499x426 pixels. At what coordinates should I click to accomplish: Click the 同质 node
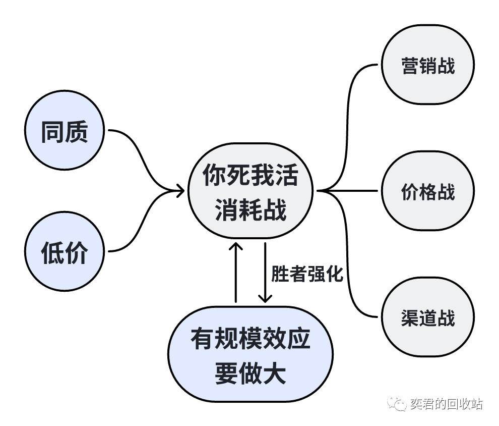[x=64, y=132]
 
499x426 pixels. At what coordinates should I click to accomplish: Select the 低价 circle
[x=64, y=251]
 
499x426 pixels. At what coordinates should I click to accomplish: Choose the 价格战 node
[x=427, y=191]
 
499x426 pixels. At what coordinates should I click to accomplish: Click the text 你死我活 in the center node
[x=250, y=175]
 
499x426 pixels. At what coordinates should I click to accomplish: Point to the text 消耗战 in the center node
[x=250, y=208]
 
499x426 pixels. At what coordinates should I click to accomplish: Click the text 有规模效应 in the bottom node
[x=250, y=340]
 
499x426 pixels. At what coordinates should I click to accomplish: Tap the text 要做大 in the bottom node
[x=250, y=374]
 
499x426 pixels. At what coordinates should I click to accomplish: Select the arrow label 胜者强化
[x=307, y=273]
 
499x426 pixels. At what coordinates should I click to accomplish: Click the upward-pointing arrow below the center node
[x=235, y=273]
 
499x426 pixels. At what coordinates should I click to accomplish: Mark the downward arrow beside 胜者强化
[x=265, y=273]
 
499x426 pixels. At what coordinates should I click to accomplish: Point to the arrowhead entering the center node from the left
[x=179, y=191]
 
